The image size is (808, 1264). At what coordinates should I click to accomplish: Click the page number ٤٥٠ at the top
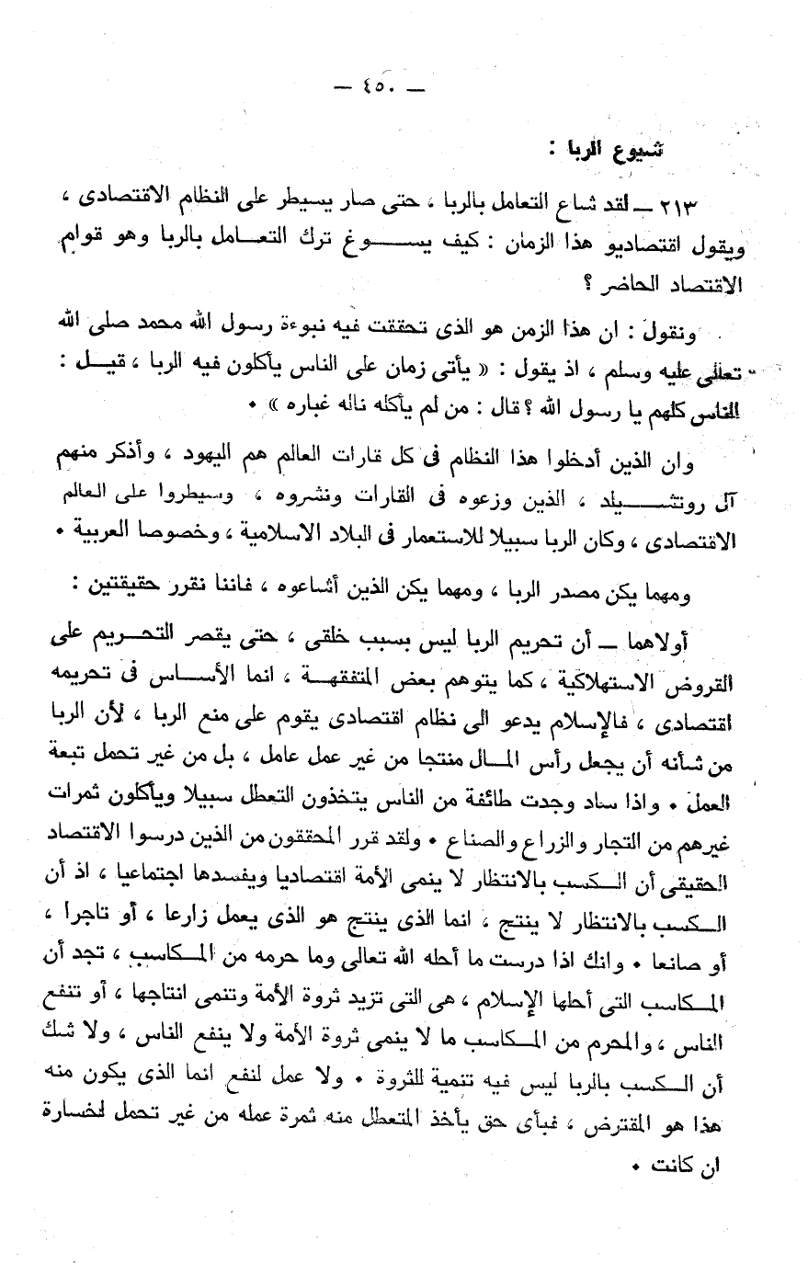[376, 88]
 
